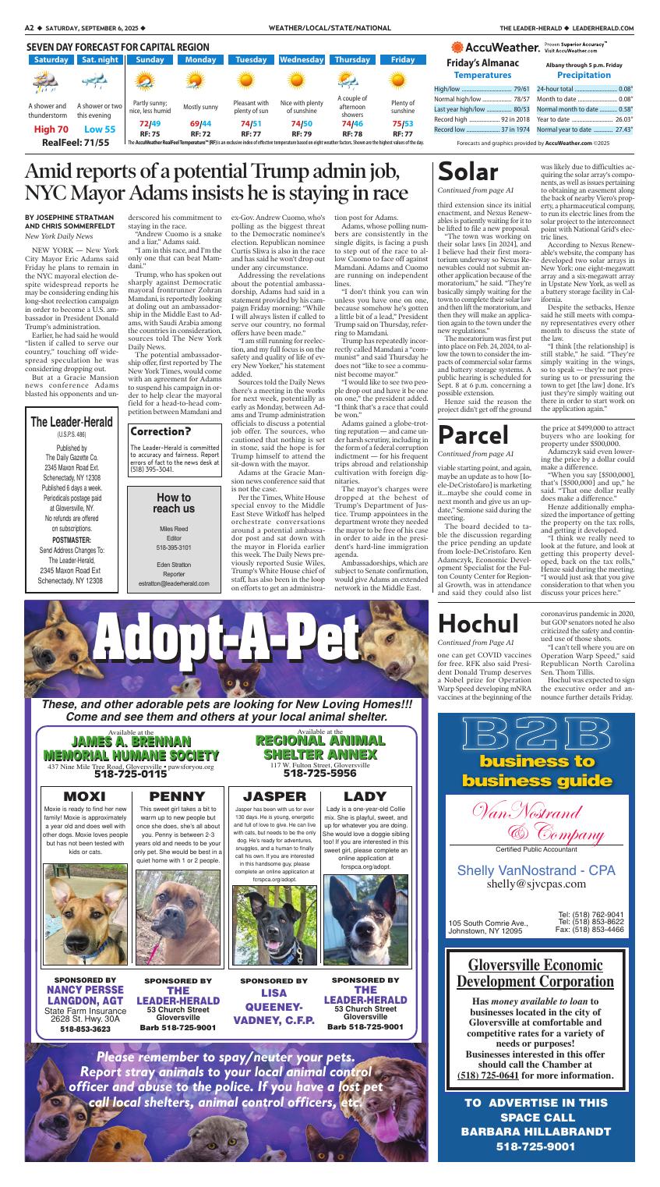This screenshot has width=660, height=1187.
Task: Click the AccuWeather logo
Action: pyautogui.click(x=496, y=48)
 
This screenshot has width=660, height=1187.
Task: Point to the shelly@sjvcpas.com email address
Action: pyautogui.click(x=536, y=884)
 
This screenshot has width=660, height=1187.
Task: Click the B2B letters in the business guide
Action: pyautogui.click(x=536, y=735)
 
